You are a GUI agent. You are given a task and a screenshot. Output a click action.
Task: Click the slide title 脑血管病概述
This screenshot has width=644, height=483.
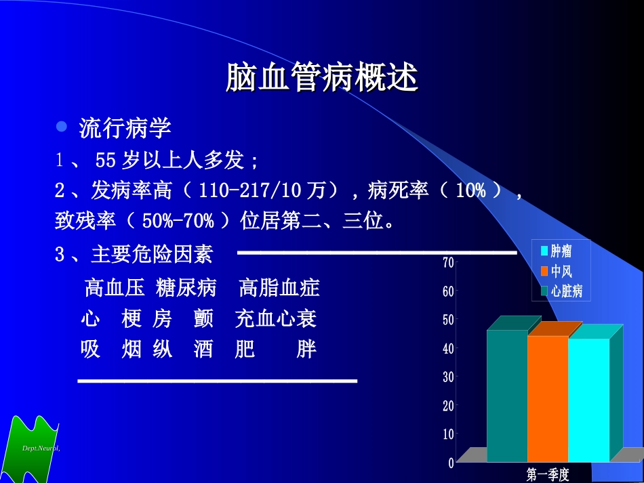coord(321,78)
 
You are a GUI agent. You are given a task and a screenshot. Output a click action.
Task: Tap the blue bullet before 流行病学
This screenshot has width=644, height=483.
coord(62,126)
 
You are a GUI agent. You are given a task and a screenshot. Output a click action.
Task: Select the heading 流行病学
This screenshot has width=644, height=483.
coord(125,127)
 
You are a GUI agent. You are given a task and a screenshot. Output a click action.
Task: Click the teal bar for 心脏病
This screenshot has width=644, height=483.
coord(507,396)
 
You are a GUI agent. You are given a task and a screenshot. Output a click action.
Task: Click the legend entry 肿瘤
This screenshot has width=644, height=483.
coord(561,251)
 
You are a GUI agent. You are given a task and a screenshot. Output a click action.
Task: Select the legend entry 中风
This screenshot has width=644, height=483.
coord(561,272)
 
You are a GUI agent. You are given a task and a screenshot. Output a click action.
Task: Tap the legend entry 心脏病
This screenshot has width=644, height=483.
coord(566,291)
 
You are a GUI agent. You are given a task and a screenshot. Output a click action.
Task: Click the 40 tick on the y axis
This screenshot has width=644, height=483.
coord(448,348)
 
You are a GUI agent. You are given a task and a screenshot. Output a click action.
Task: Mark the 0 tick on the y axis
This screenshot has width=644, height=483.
coord(451,463)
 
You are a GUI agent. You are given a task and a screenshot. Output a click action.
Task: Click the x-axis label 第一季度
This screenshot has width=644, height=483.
coord(548,474)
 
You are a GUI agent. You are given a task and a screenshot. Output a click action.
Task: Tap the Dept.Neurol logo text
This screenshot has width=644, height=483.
coord(41,448)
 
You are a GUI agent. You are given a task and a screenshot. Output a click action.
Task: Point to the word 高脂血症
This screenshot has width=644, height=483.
coord(279,289)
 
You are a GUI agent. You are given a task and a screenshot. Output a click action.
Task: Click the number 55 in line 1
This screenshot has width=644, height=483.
coord(106,161)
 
